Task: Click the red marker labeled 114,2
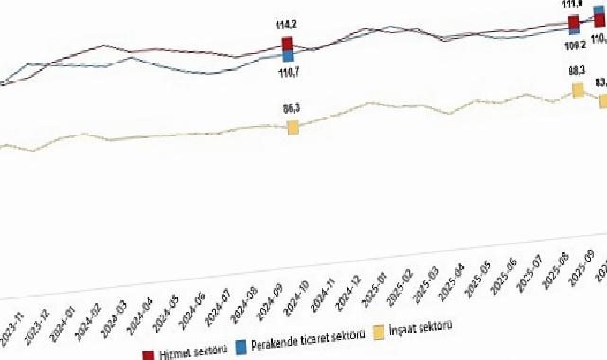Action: [x=287, y=45]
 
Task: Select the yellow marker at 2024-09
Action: [x=293, y=128]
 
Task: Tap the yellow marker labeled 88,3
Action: [x=577, y=90]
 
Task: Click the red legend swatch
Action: [x=149, y=354]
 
